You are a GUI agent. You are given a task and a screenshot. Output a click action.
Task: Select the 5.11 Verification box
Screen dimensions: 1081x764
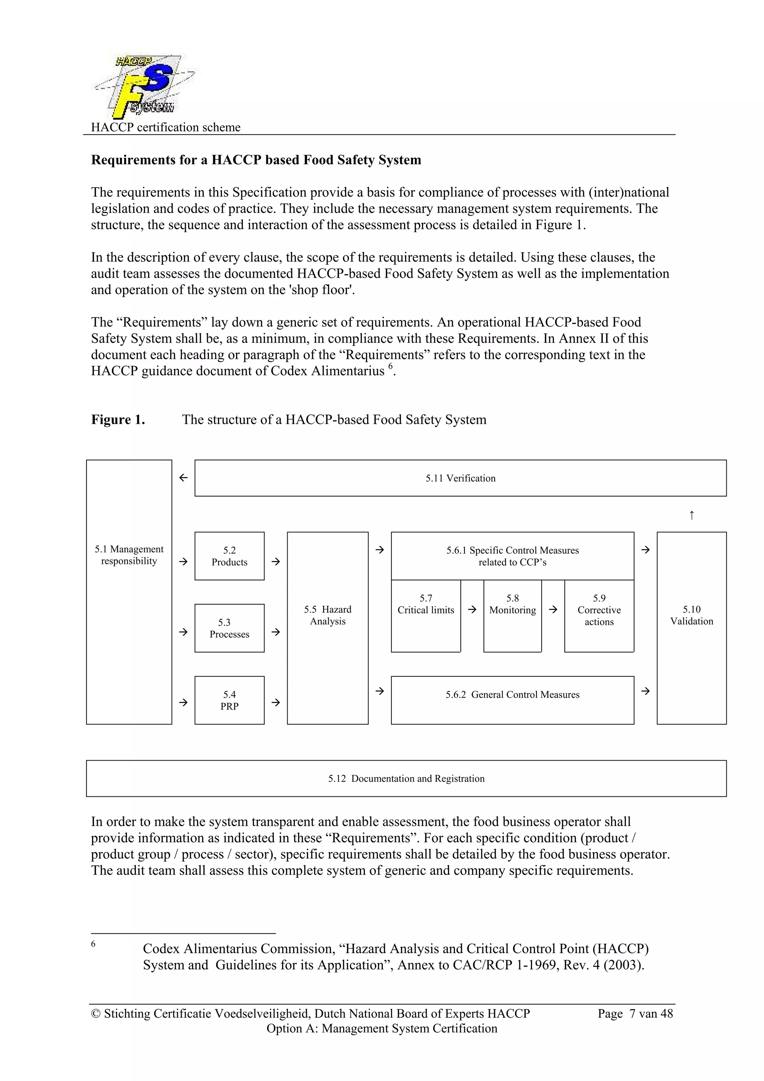(x=460, y=478)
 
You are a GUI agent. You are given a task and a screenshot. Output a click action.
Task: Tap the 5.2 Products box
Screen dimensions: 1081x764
(x=229, y=556)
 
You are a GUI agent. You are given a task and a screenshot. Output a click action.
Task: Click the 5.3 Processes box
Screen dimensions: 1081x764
(x=229, y=628)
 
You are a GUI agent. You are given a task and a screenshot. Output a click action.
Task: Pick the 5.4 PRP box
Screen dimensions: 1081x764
(x=229, y=700)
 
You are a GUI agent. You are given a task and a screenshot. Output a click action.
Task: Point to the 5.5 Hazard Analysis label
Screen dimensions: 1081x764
(x=328, y=615)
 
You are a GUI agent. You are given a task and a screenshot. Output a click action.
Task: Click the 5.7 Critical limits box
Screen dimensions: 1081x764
(x=426, y=616)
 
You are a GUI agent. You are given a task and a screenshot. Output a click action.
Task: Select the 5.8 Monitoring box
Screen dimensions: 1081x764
(x=512, y=616)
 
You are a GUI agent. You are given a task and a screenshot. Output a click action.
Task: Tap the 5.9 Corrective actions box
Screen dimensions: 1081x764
(x=599, y=616)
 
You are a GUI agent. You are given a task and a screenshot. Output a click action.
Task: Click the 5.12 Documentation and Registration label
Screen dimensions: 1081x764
(x=406, y=778)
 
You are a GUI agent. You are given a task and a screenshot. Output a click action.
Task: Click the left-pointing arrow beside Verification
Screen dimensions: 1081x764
(x=184, y=477)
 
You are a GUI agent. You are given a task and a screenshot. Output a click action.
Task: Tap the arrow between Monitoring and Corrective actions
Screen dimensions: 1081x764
(x=553, y=609)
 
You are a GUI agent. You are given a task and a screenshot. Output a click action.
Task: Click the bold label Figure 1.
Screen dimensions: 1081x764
(x=118, y=420)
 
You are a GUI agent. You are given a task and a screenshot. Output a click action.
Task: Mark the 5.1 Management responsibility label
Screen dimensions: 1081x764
(x=129, y=555)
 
